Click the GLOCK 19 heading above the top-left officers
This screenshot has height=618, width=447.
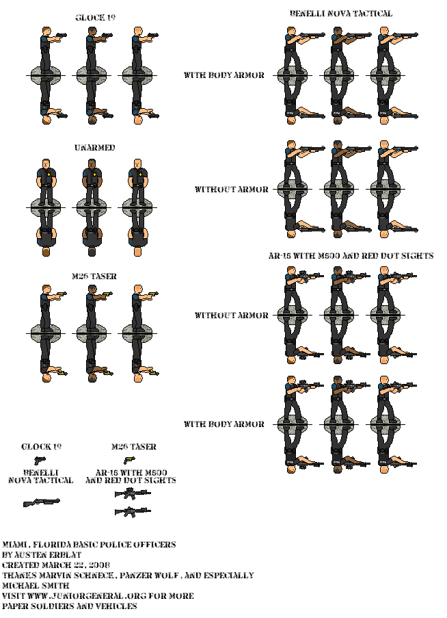coord(95,17)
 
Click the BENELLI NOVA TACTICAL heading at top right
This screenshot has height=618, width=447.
coord(341,14)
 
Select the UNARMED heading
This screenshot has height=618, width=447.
coord(95,147)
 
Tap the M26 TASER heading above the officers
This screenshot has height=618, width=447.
coord(94,276)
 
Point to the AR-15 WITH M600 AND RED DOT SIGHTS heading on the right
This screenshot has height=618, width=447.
coord(351,256)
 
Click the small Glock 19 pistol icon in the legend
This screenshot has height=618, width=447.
coord(40,460)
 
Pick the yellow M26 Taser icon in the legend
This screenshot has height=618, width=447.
coord(129,460)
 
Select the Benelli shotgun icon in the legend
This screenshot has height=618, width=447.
coord(41,502)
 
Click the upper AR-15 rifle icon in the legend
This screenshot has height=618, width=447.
coord(133,493)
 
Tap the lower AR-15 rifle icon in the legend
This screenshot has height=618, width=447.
coord(133,512)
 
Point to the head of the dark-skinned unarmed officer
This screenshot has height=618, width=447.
coord(92,164)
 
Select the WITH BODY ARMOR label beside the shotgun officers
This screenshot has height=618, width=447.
coord(224,75)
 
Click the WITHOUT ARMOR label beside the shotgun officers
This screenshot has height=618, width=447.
coord(232,189)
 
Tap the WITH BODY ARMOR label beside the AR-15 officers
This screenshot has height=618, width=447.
coord(224,424)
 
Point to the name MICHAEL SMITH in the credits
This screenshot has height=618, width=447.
coord(36,586)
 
